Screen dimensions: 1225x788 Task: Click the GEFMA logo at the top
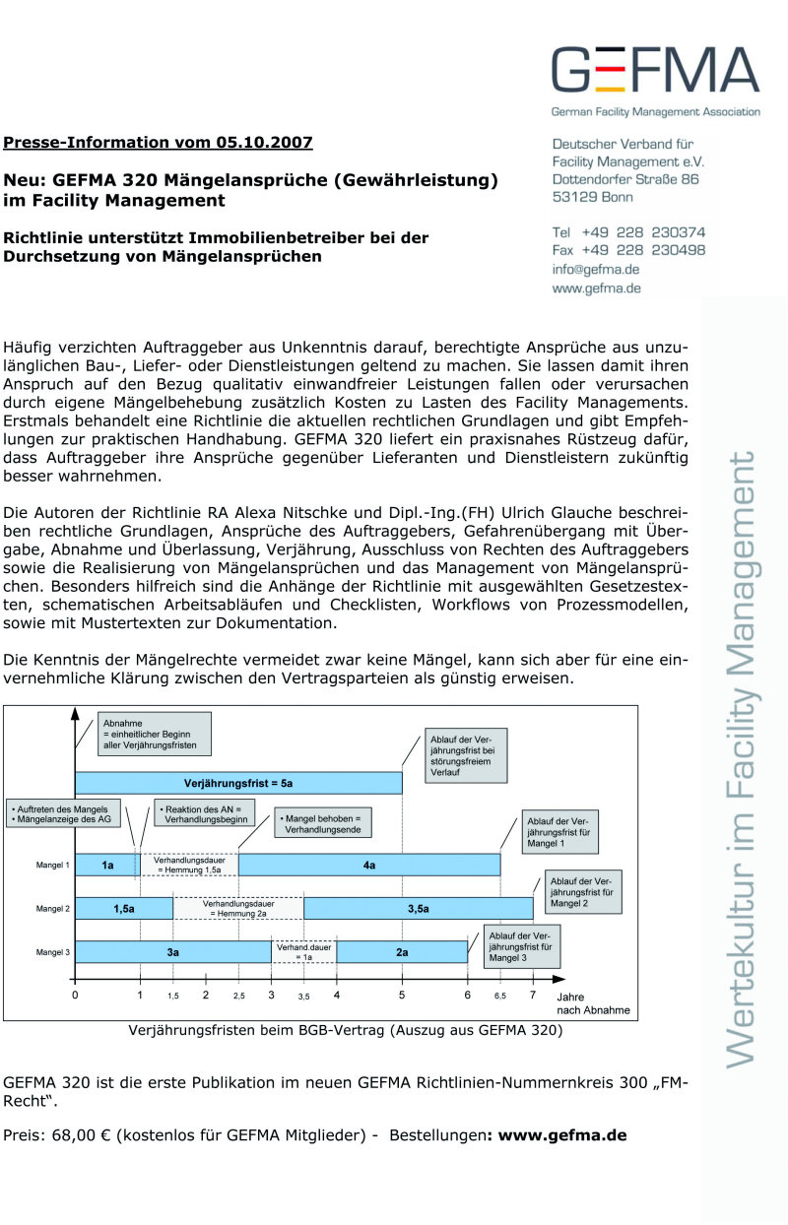(x=655, y=71)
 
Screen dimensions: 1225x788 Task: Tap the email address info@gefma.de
(x=596, y=269)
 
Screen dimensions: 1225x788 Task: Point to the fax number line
(x=628, y=250)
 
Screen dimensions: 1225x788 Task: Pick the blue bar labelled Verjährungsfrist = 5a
(x=238, y=782)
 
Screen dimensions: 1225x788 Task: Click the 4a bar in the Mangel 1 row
(x=369, y=865)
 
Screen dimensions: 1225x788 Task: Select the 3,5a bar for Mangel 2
(x=418, y=908)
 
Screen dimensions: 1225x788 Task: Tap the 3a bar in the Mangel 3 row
(x=173, y=951)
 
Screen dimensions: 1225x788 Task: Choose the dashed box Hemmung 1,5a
(x=188, y=865)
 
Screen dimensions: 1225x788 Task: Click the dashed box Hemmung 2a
(x=238, y=908)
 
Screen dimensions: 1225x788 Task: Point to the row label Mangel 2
(x=53, y=908)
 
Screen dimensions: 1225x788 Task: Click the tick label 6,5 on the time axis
(x=499, y=996)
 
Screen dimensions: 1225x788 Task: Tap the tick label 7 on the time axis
(x=533, y=995)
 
